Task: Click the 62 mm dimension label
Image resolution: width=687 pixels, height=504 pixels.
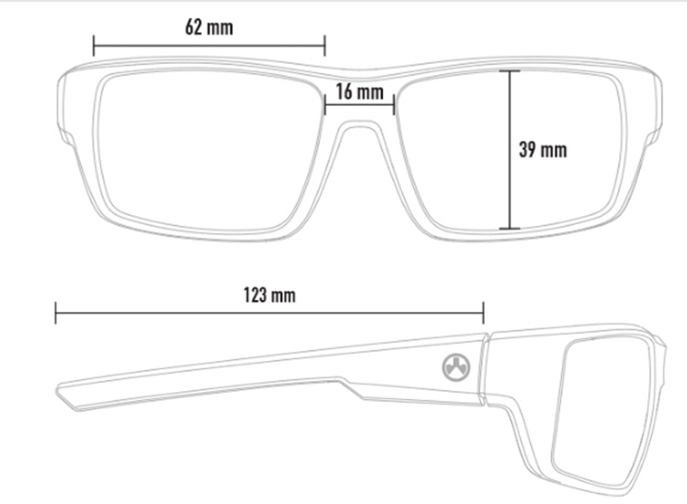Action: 209,28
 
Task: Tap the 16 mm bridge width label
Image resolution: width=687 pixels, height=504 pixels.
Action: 360,91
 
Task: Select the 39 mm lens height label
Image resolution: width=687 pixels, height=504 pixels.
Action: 543,150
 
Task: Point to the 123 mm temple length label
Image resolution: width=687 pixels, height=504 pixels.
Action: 269,295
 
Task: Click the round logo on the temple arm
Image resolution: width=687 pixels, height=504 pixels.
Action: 455,367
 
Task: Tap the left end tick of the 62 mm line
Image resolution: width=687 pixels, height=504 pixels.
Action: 93,45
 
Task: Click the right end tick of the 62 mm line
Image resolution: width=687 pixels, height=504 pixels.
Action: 325,45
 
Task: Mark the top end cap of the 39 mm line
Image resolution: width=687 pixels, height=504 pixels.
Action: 510,71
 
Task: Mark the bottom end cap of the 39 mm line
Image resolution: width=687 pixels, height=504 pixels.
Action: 510,228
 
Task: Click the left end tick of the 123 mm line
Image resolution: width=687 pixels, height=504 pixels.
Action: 56,313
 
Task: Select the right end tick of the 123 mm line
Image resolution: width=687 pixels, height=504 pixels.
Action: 483,313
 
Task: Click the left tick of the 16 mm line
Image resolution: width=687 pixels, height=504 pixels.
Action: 325,105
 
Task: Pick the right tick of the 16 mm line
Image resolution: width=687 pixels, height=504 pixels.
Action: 394,105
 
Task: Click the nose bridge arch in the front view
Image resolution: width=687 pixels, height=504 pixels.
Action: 359,124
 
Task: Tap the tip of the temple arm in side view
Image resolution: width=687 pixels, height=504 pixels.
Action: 59,391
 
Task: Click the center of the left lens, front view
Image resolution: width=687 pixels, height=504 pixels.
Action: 206,151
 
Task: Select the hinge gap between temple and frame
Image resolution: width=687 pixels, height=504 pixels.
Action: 485,369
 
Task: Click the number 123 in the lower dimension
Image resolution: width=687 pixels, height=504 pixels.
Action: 255,295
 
